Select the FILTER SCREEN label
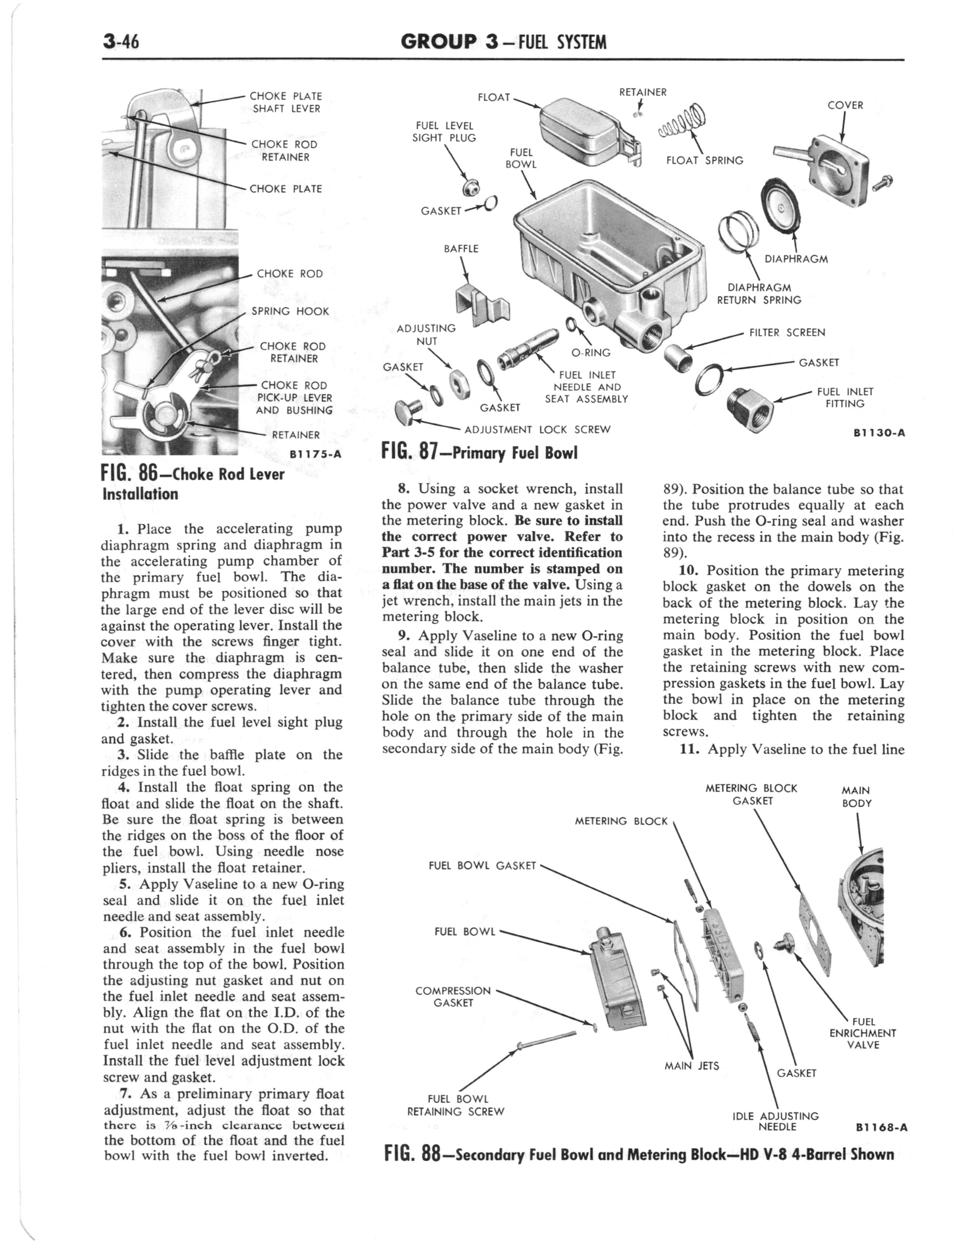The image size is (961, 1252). tap(787, 332)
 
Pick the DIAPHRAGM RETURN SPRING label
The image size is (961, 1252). tap(759, 294)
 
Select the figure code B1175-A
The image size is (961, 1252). tap(315, 454)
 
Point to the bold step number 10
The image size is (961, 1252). tap(689, 570)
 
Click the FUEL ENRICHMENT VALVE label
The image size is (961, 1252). tap(863, 1033)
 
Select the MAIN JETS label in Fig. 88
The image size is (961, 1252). tap(692, 1065)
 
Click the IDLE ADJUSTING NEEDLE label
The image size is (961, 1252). tap(776, 1122)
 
